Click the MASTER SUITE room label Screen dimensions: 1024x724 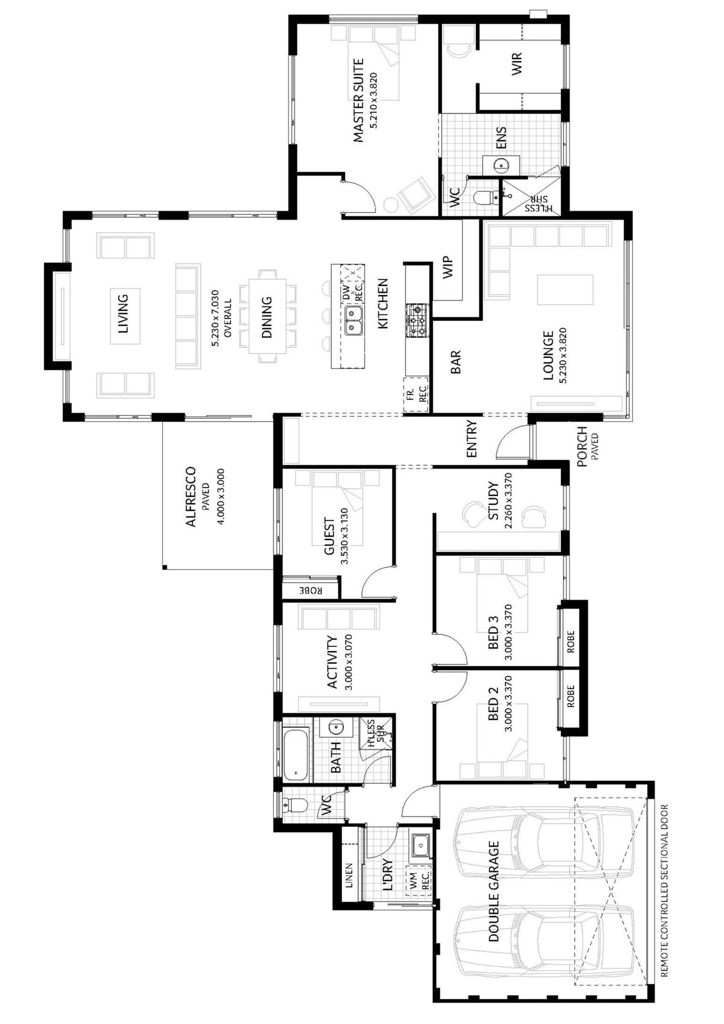pyautogui.click(x=358, y=100)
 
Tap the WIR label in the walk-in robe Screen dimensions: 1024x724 pyautogui.click(x=516, y=65)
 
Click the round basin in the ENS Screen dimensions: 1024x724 pyautogui.click(x=500, y=164)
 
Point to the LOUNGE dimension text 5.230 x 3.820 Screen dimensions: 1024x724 pyautogui.click(x=563, y=355)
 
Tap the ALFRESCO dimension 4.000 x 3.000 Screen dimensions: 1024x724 pyautogui.click(x=220, y=496)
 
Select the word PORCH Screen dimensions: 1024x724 pyautogui.click(x=582, y=447)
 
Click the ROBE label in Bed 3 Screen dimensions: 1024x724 pyautogui.click(x=570, y=642)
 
